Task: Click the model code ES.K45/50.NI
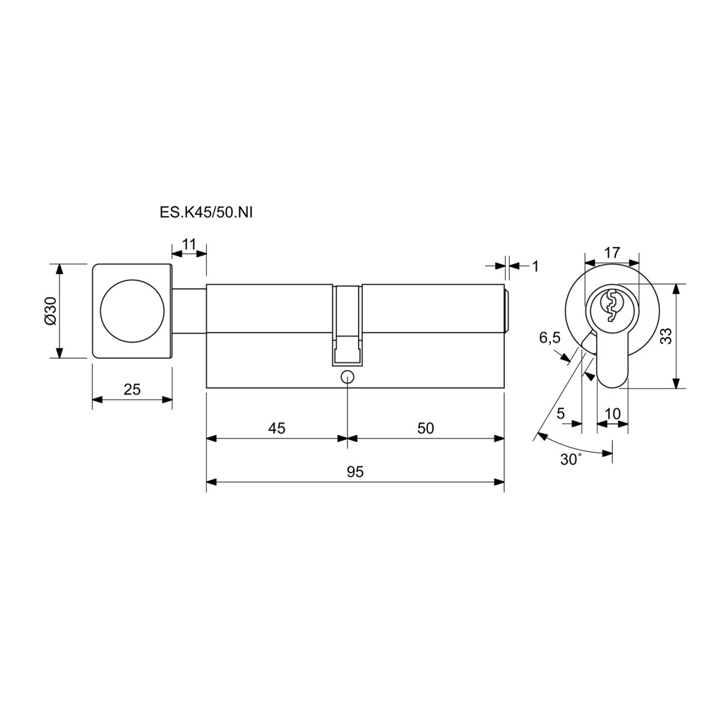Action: tap(206, 213)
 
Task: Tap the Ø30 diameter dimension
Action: tap(50, 311)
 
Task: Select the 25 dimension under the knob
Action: tap(132, 389)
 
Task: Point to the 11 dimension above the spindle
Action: tap(189, 245)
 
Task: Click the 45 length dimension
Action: tap(277, 428)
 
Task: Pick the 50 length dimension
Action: tap(425, 428)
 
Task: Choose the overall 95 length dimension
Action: tap(355, 472)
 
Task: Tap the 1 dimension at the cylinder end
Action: tap(535, 266)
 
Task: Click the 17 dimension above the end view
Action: tap(612, 252)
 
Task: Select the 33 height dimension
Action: tap(666, 336)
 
